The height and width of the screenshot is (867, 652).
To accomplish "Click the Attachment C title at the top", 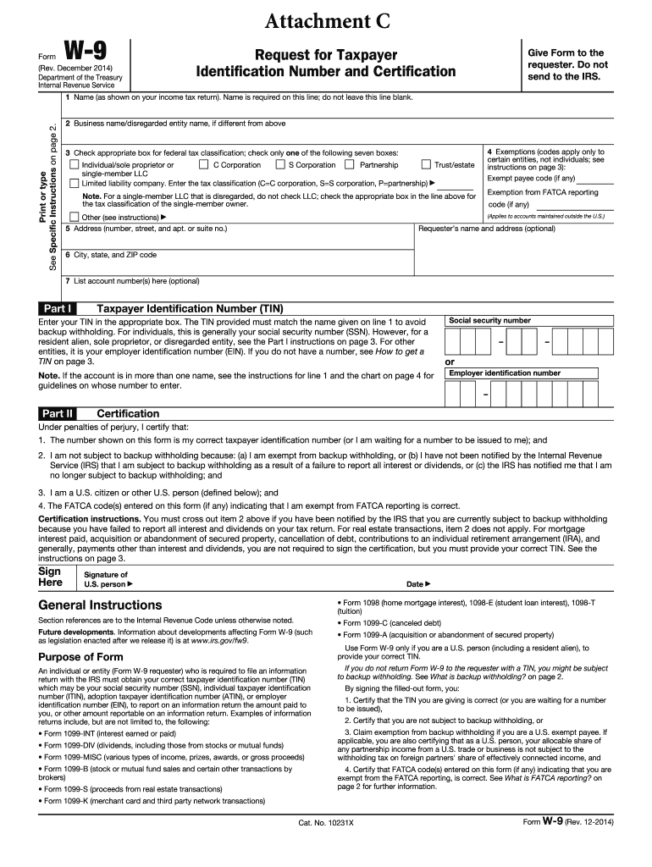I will pyautogui.click(x=326, y=20).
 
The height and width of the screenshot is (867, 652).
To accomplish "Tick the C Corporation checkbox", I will pyautogui.click(x=204, y=165).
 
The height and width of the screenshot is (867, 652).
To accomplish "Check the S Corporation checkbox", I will pyautogui.click(x=279, y=165).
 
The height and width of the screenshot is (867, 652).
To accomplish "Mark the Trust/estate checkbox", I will pyautogui.click(x=427, y=165).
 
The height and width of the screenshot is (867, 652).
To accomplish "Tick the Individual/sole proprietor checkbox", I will pyautogui.click(x=74, y=165).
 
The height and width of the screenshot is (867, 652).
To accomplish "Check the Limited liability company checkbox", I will pyautogui.click(x=74, y=183).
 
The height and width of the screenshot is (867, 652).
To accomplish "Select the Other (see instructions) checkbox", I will pyautogui.click(x=74, y=217).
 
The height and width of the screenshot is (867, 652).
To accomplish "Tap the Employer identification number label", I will pyautogui.click(x=504, y=373).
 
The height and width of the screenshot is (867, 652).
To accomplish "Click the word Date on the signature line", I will pyautogui.click(x=415, y=584).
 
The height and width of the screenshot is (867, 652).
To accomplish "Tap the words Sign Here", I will pyautogui.click(x=50, y=577).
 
